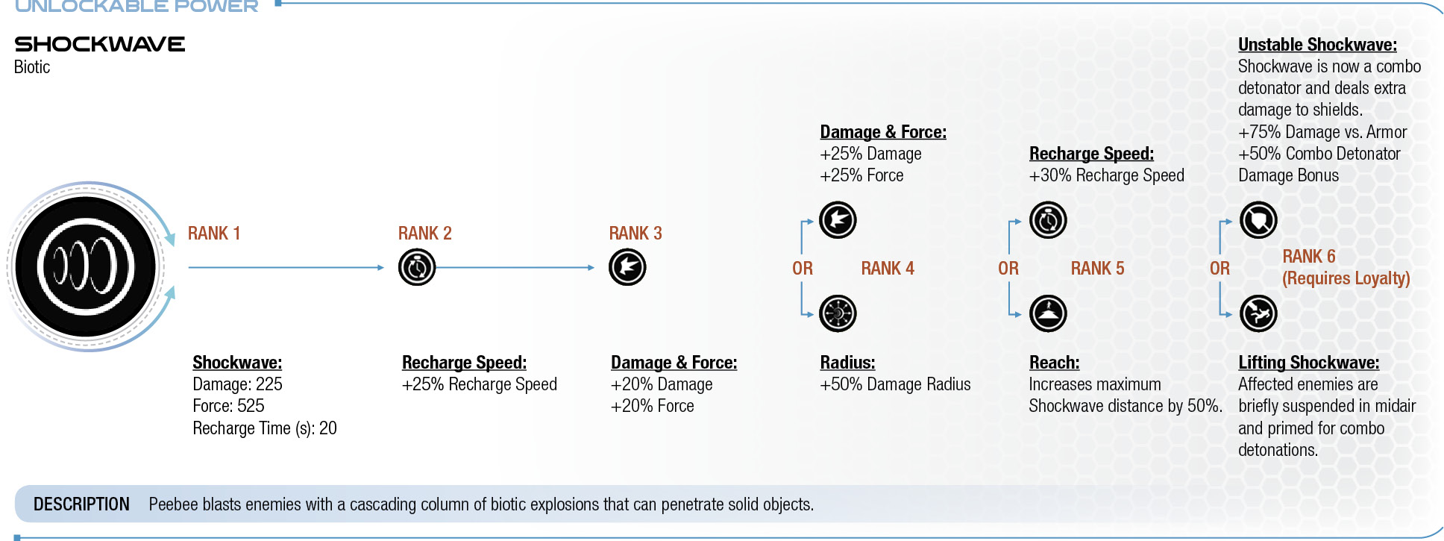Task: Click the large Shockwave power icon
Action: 86,266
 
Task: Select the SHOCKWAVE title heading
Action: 99,44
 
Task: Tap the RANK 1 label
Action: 214,234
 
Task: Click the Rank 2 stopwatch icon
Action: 417,267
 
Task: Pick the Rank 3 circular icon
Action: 627,267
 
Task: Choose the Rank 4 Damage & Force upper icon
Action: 838,220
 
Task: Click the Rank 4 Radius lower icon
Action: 838,313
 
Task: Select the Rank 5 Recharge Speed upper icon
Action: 1048,220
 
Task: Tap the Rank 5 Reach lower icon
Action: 1048,313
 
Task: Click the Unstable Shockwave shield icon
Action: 1258,220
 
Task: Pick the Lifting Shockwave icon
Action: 1258,313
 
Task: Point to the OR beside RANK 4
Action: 803,269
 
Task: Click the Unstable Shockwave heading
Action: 1317,45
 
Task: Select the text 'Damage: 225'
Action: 237,384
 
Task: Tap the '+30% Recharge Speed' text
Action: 1106,175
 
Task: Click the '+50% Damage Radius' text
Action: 895,384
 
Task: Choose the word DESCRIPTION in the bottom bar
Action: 81,504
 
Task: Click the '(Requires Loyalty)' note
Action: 1346,278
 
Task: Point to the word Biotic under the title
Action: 32,67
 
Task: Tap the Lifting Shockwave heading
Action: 1308,363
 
